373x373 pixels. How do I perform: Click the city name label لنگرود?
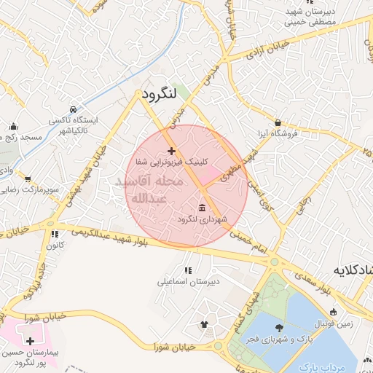pos(154,95)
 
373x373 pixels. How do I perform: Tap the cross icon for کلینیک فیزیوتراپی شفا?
pos(171,151)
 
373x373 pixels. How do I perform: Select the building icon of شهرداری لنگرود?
pos(201,208)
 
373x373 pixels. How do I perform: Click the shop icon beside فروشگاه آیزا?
pos(278,122)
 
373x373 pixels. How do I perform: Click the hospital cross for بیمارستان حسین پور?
pos(30,341)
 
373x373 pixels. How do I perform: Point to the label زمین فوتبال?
pos(332,323)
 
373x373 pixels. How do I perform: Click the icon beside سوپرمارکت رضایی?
pos(28,178)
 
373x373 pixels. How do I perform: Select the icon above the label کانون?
pos(54,235)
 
